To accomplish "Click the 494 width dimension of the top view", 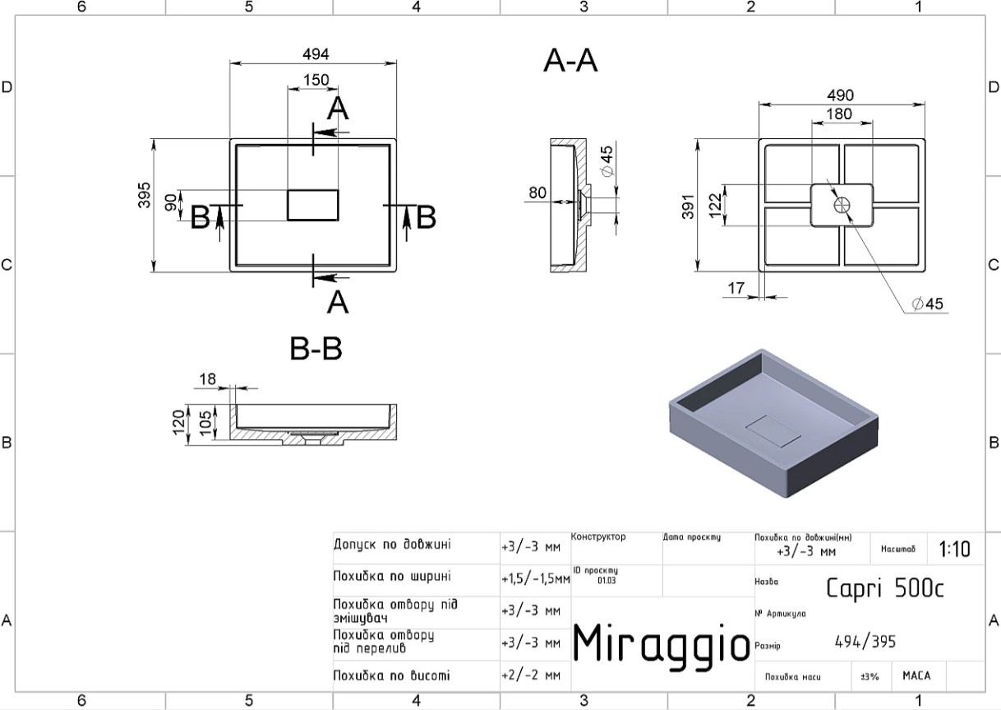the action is [x=316, y=54].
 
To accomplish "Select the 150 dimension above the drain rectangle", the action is [x=316, y=80].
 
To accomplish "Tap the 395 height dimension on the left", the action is [x=145, y=195].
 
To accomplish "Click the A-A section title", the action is [x=570, y=61].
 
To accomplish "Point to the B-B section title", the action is [x=316, y=349].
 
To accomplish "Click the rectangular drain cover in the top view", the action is [x=313, y=205].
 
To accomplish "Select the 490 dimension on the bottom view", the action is [x=840, y=95].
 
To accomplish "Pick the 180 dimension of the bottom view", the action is [x=839, y=114].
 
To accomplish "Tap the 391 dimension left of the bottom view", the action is [x=688, y=207].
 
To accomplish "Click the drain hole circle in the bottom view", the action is [x=842, y=206].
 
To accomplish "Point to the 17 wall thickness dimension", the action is [x=736, y=288].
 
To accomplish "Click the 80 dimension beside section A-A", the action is [x=537, y=193].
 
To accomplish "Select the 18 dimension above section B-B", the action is [x=207, y=379].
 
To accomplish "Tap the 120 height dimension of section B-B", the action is [x=179, y=422].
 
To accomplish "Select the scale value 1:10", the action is [x=954, y=549].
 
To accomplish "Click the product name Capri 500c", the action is [x=885, y=588].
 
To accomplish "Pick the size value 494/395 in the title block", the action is [x=865, y=642].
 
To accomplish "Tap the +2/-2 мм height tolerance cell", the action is [x=531, y=675].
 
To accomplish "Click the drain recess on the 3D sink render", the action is [x=773, y=432].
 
